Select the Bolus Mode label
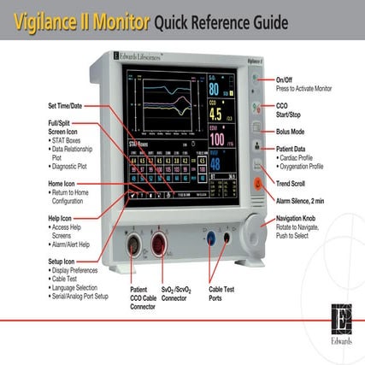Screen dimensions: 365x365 (296, 132)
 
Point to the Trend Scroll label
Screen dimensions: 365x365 (294, 183)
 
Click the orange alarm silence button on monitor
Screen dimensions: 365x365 (255, 184)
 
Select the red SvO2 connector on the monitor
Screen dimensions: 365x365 (159, 244)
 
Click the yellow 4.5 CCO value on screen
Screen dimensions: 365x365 (215, 113)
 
